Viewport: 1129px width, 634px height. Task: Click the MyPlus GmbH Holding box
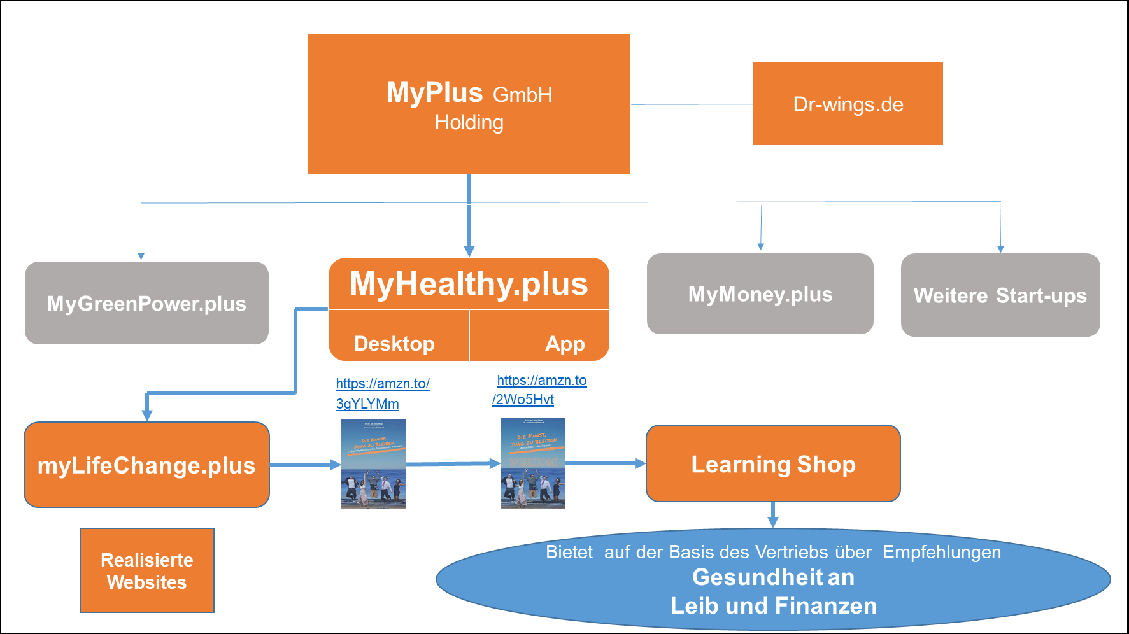tap(469, 104)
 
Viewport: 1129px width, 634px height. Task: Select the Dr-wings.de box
tap(848, 104)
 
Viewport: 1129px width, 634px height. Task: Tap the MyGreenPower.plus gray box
tap(146, 303)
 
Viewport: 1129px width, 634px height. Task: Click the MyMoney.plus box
tap(760, 294)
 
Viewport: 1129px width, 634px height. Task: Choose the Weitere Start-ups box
tap(1000, 295)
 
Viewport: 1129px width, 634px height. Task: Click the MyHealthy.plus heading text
tap(469, 284)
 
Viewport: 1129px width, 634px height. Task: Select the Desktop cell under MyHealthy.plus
tap(394, 343)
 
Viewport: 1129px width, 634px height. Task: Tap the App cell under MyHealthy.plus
tap(564, 343)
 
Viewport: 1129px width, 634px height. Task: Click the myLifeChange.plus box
tap(146, 465)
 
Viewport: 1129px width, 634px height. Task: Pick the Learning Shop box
tap(773, 464)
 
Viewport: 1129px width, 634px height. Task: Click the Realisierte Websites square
tap(147, 570)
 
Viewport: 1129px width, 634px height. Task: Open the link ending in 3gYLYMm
tap(367, 404)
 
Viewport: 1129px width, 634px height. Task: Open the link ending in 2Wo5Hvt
tap(523, 400)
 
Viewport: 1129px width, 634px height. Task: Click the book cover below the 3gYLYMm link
tap(373, 464)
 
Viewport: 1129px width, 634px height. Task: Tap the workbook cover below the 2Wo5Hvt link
tap(533, 463)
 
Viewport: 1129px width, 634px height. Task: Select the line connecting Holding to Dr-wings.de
tap(692, 104)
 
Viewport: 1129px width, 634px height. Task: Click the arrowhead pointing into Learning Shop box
tap(641, 463)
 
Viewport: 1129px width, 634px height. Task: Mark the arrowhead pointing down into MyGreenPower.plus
tap(141, 257)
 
